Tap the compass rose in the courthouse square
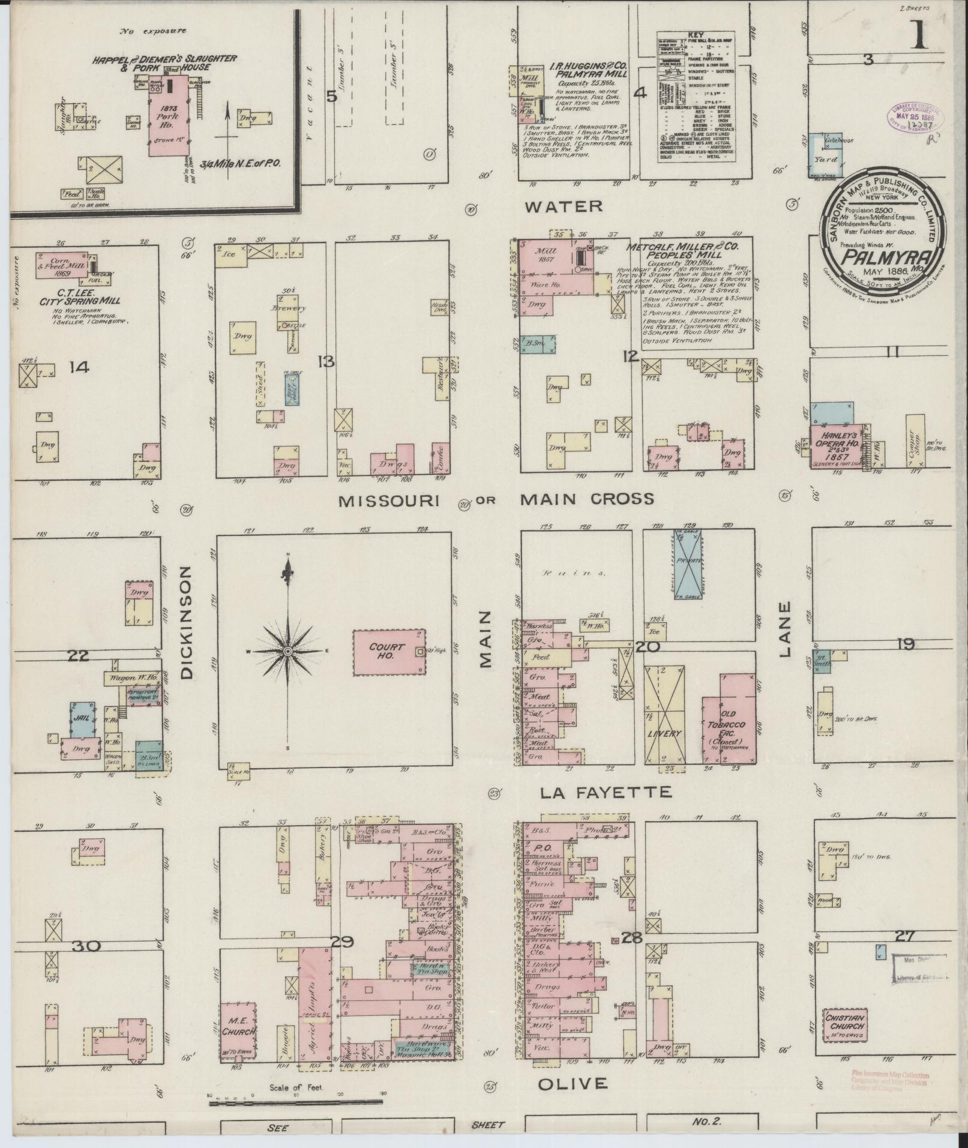pyautogui.click(x=288, y=651)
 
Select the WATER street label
pyautogui.click(x=563, y=207)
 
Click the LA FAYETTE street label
pyautogui.click(x=605, y=793)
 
